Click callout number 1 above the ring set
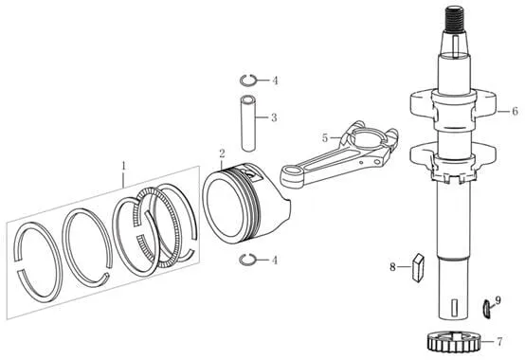click(x=124, y=166)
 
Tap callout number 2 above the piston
click(x=223, y=153)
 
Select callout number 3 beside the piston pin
click(x=274, y=117)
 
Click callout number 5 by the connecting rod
click(x=324, y=137)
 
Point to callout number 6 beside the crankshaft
click(x=515, y=111)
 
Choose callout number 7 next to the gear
click(x=499, y=342)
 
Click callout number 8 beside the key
click(x=392, y=267)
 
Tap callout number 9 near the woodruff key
click(x=498, y=300)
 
